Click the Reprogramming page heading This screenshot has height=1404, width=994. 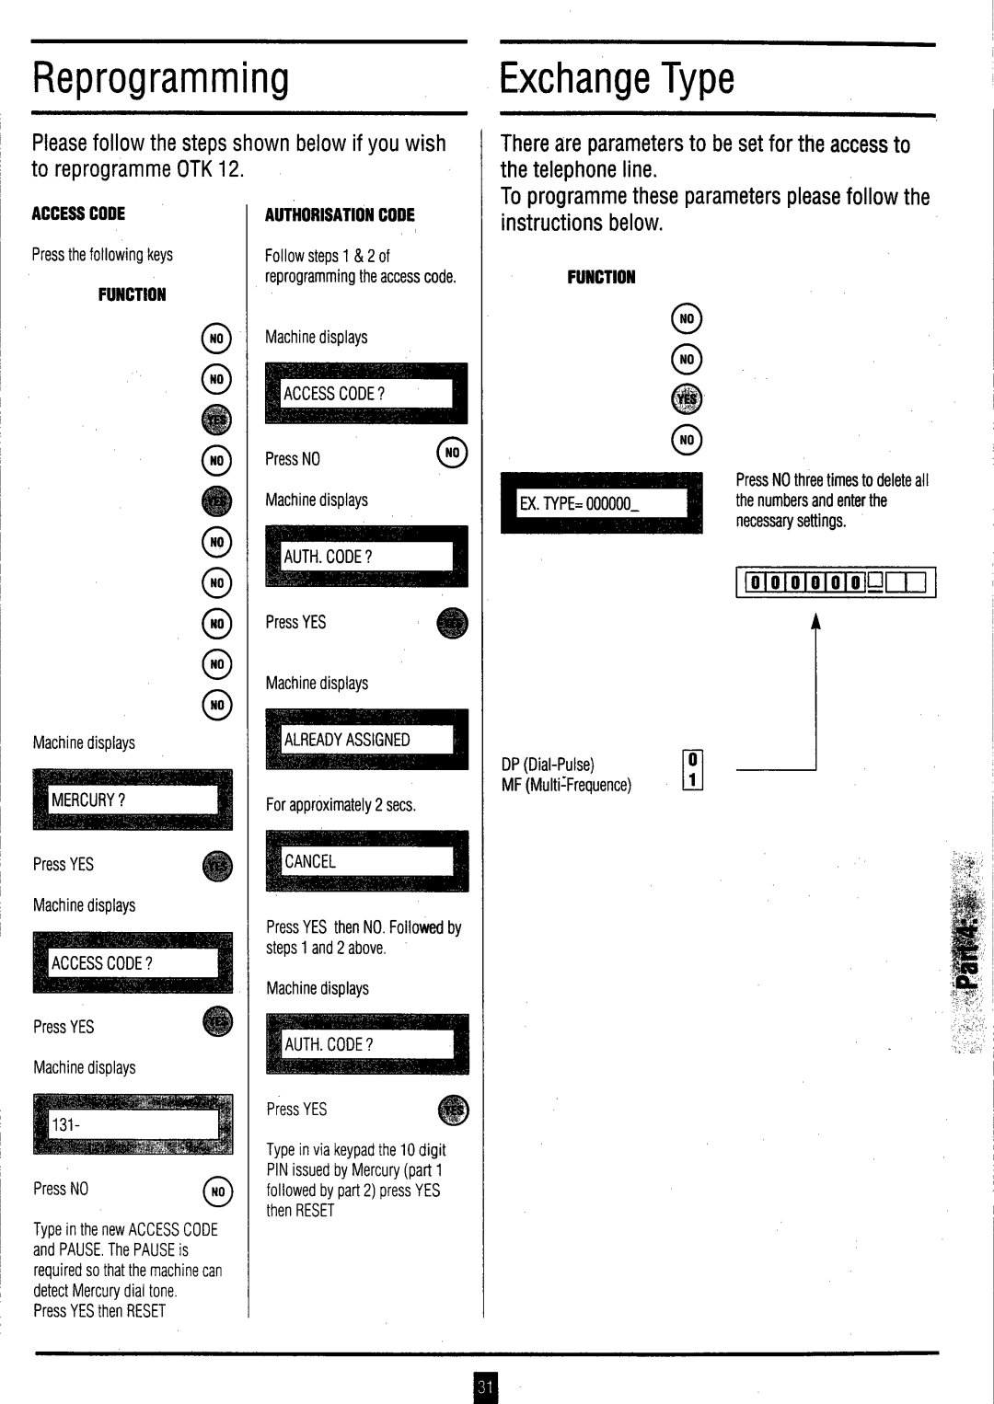(x=161, y=79)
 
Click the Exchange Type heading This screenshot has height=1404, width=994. (x=617, y=79)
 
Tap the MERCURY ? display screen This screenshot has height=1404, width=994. (x=133, y=800)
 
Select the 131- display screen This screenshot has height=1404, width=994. (x=133, y=1123)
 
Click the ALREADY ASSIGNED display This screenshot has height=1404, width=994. (x=366, y=739)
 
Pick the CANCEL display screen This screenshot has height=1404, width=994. (x=366, y=861)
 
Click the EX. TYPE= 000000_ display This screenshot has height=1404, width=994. (x=601, y=502)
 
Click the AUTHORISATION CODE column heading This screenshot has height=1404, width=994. (x=340, y=214)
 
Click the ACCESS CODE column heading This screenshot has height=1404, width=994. (x=78, y=213)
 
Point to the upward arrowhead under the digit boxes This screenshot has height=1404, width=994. (x=815, y=621)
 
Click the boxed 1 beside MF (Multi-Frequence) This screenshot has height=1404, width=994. (x=693, y=781)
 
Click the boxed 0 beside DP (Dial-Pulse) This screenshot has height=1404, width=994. (x=693, y=761)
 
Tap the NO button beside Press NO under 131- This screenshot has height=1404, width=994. (x=217, y=1191)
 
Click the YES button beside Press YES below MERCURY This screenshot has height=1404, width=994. (x=217, y=866)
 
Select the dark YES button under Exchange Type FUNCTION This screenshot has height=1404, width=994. (x=687, y=399)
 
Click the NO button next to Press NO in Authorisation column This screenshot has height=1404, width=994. (x=452, y=453)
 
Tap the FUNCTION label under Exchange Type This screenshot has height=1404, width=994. (x=601, y=277)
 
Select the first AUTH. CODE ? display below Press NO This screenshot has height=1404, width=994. (x=366, y=556)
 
